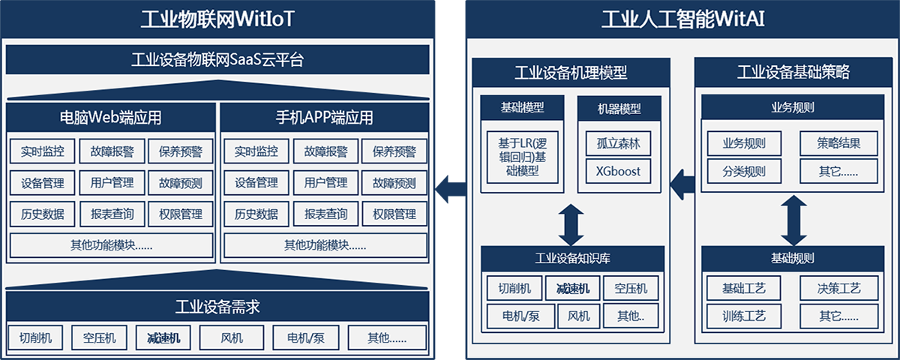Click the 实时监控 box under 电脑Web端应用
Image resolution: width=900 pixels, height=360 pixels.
tap(42, 151)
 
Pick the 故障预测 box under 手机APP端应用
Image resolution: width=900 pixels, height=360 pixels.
tap(394, 182)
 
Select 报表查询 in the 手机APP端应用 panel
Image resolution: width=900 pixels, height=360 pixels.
tap(325, 214)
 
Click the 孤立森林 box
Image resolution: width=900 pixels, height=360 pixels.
tap(619, 142)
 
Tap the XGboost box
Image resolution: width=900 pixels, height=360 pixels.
tap(619, 171)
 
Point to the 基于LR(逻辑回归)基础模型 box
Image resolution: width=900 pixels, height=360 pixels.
tap(523, 157)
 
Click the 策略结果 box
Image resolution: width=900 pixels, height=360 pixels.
tap(839, 142)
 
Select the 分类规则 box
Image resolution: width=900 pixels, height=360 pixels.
tap(744, 171)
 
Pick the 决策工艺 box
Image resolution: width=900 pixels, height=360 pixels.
tap(839, 287)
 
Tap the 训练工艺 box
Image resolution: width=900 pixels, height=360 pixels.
tap(744, 315)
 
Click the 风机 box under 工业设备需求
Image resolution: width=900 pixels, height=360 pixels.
tap(232, 337)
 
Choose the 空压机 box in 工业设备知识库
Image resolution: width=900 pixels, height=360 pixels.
tap(631, 288)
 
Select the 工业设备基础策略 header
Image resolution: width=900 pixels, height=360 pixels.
tap(793, 73)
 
